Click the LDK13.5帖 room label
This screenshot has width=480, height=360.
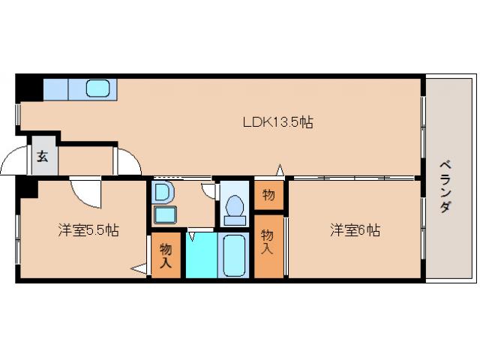pyautogui.click(x=277, y=122)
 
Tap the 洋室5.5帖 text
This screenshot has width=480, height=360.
pyautogui.click(x=88, y=230)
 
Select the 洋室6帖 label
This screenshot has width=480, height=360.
pyautogui.click(x=354, y=230)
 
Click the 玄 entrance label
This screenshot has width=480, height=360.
pyautogui.click(x=43, y=156)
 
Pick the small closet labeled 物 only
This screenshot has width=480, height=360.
pyautogui.click(x=268, y=196)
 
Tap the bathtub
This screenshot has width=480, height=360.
pyautogui.click(x=235, y=255)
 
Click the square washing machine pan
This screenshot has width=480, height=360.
pyautogui.click(x=164, y=215)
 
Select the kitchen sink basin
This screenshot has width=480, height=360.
pyautogui.click(x=99, y=88)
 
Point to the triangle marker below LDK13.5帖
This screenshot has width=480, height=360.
pyautogui.click(x=280, y=170)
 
